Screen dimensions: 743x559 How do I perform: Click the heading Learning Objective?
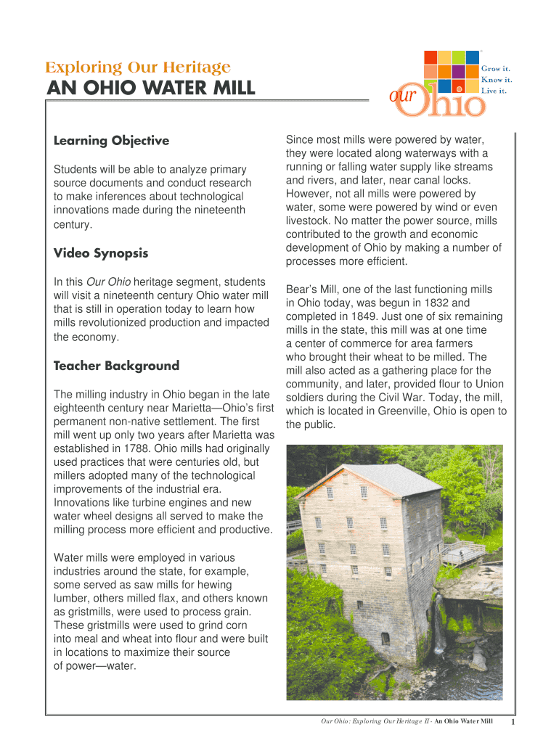click(111, 141)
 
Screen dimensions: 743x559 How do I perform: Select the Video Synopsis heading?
click(101, 253)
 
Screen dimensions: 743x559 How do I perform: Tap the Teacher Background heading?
click(116, 366)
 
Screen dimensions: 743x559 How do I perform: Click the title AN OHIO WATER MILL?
click(151, 89)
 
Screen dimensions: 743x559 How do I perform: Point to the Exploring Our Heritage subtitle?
click(138, 68)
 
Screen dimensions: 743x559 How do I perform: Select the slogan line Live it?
click(494, 91)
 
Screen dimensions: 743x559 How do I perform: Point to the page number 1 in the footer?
click(513, 722)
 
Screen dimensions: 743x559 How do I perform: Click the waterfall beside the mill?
click(438, 624)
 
